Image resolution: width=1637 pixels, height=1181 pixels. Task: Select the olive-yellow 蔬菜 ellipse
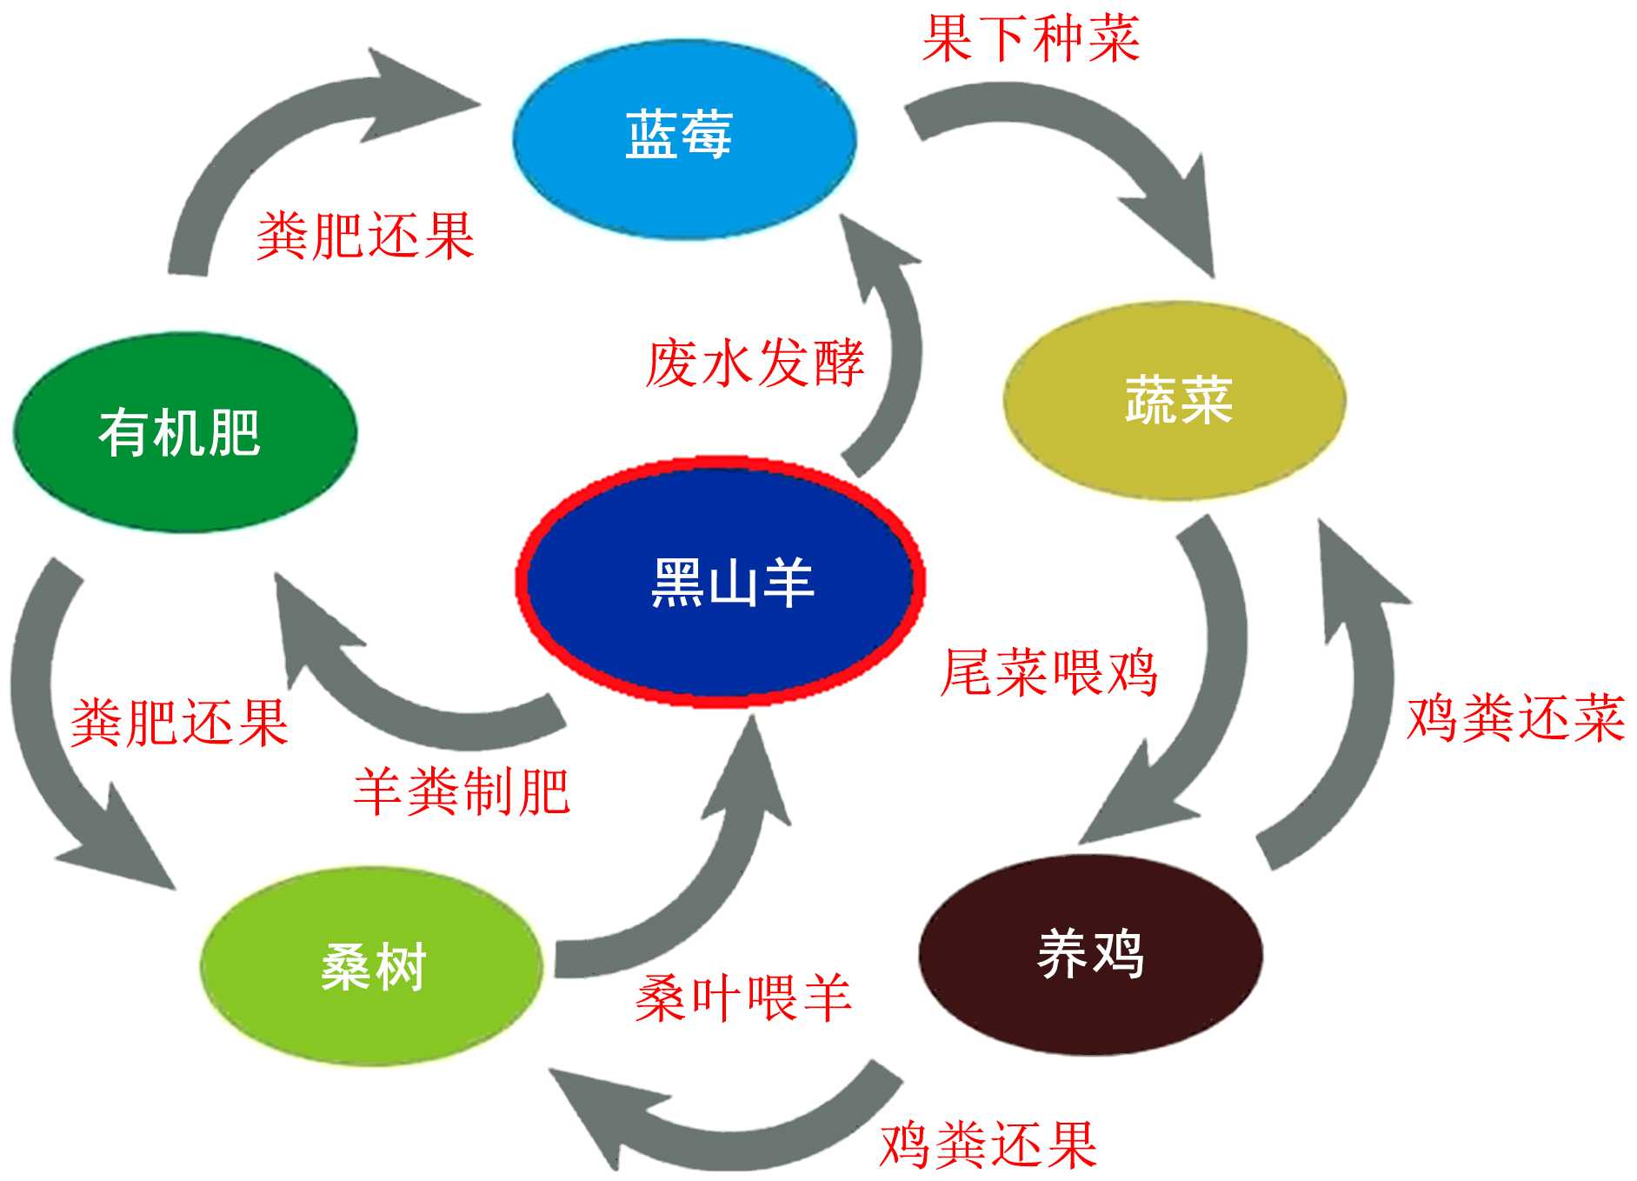coord(1175,401)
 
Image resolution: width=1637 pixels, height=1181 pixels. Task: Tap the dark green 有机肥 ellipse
coord(184,432)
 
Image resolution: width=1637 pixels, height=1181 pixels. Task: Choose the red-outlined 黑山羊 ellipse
coord(721,580)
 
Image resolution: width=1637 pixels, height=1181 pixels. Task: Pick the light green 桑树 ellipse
coord(372,965)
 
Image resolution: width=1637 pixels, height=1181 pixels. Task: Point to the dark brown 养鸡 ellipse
coord(1090,954)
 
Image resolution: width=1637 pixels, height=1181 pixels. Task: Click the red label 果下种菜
coord(1030,38)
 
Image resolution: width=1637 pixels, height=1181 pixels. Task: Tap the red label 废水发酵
coord(755,363)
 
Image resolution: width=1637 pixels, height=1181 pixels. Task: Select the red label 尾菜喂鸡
coord(1048,672)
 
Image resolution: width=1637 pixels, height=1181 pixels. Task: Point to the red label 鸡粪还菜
coord(1515,718)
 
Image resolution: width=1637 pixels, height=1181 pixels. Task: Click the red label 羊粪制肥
coord(462,791)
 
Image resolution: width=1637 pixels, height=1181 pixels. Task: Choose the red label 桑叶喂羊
coord(742,998)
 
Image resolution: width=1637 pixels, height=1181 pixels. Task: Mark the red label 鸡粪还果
coord(988,1144)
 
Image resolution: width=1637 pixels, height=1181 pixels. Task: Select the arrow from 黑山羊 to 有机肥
coord(391,687)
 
